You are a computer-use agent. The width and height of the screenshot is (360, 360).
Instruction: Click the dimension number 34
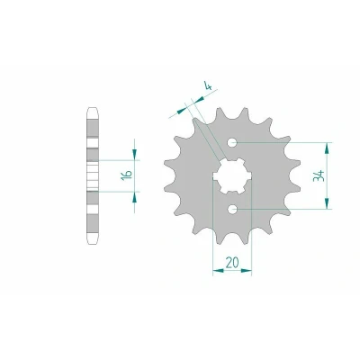319,175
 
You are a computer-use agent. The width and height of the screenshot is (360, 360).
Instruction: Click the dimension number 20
232,263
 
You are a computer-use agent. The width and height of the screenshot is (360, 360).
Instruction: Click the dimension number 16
127,175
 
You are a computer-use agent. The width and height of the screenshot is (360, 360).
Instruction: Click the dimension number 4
208,86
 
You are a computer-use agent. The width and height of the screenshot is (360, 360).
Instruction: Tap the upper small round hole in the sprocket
232,142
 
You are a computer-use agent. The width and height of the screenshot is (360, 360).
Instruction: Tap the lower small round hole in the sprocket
232,209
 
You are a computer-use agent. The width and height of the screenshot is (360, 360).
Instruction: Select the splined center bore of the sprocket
232,175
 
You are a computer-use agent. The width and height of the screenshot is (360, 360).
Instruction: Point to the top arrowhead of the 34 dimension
327,148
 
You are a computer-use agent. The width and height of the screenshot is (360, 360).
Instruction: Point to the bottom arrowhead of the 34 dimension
327,203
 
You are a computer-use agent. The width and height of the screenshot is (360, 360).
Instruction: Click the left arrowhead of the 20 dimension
218,271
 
